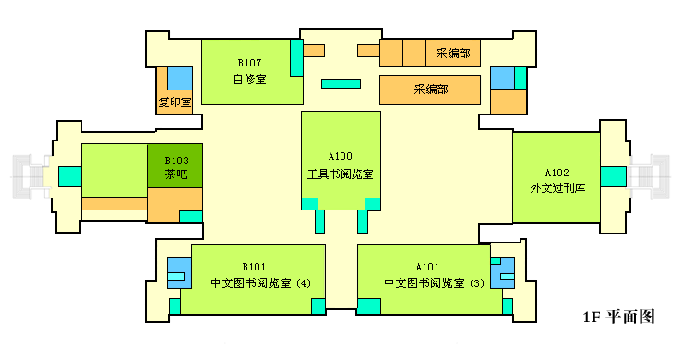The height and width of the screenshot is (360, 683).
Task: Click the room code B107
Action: click(249, 63)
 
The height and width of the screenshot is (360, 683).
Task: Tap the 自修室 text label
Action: click(249, 78)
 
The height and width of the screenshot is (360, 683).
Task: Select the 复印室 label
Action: click(174, 102)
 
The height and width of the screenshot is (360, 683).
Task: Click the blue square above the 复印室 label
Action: click(179, 78)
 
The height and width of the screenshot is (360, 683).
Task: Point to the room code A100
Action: click(341, 156)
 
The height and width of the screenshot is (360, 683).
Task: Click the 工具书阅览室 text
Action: click(341, 173)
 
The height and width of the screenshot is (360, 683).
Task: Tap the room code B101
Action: click(254, 266)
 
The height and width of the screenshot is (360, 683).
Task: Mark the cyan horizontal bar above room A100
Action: click(341, 84)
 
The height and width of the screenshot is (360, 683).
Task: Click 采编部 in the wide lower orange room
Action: click(431, 90)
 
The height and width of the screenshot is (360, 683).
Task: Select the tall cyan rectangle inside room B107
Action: click(296, 58)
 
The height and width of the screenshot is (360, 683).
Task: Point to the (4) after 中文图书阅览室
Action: click(305, 282)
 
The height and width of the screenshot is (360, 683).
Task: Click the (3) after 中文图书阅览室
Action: click(476, 282)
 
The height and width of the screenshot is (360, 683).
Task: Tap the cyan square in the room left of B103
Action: click(69, 175)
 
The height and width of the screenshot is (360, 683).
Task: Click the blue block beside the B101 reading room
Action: click(178, 273)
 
